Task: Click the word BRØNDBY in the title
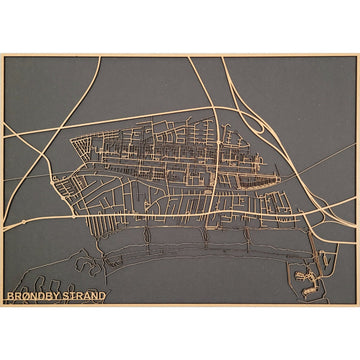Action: point(31,295)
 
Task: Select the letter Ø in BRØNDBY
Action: point(23,295)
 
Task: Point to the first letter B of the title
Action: point(9,295)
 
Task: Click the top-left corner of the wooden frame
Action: point(2,54)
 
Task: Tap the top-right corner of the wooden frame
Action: point(358,54)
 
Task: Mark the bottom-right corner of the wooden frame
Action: point(358,304)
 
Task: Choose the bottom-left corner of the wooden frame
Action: point(2,304)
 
